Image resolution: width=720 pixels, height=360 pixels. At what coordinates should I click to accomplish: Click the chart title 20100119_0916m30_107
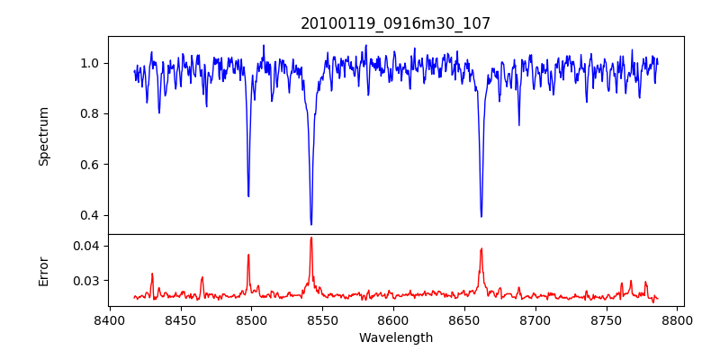pyautogui.click(x=396, y=23)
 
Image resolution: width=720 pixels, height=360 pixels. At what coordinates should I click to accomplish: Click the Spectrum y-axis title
pyautogui.click(x=44, y=136)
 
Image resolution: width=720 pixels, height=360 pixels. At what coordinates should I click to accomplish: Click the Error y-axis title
pyautogui.click(x=44, y=271)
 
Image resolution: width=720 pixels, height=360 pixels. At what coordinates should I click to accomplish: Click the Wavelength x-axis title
pyautogui.click(x=396, y=337)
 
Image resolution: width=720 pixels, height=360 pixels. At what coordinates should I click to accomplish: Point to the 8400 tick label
pyautogui.click(x=110, y=319)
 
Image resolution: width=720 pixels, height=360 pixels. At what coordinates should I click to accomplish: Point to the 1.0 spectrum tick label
pyautogui.click(x=90, y=63)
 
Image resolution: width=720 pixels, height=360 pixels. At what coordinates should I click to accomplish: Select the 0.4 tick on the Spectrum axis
pyautogui.click(x=90, y=215)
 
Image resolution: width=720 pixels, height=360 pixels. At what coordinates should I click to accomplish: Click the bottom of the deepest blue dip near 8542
pyautogui.click(x=311, y=224)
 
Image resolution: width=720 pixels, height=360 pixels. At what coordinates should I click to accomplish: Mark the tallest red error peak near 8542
pyautogui.click(x=311, y=238)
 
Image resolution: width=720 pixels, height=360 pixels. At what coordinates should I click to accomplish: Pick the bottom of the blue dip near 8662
pyautogui.click(x=481, y=216)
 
